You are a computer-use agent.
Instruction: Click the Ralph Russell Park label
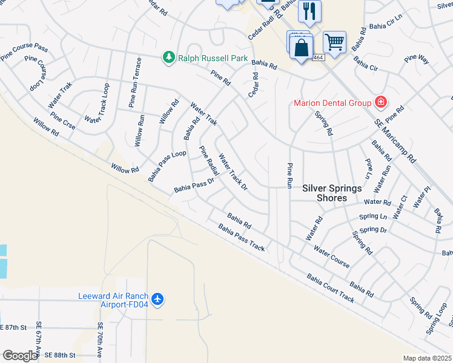click(x=213, y=59)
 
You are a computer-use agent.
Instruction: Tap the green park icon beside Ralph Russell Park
click(x=169, y=58)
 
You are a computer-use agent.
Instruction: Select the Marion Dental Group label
click(x=332, y=102)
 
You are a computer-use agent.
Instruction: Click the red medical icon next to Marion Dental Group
click(x=380, y=102)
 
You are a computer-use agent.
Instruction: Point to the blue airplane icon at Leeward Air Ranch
click(x=158, y=299)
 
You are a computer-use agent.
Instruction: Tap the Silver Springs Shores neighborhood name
click(x=332, y=193)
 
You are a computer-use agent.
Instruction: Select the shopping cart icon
click(x=334, y=42)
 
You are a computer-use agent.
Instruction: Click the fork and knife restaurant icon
click(x=309, y=10)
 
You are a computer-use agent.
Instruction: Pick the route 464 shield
click(x=317, y=57)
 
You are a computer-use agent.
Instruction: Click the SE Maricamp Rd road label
click(x=395, y=140)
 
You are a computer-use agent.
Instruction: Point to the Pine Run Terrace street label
click(x=134, y=82)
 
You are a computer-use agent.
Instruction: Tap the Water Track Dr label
click(x=233, y=172)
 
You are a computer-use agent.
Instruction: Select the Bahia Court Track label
click(x=330, y=288)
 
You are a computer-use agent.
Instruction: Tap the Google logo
click(x=19, y=355)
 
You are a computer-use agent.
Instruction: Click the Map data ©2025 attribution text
click(x=427, y=358)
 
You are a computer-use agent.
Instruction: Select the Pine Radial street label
click(x=209, y=162)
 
